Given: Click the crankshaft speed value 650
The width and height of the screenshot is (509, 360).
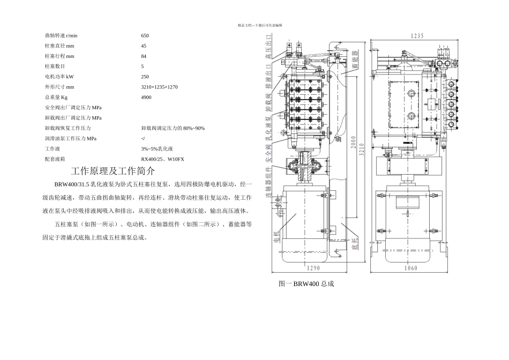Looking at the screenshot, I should click(x=145, y=35).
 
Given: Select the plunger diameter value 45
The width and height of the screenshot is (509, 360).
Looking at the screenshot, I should click(x=144, y=46).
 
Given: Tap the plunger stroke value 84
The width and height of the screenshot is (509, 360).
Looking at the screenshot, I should click(x=144, y=56).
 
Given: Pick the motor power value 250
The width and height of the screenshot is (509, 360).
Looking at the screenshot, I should click(x=145, y=77).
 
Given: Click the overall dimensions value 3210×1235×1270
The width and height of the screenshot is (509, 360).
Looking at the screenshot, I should click(x=159, y=87).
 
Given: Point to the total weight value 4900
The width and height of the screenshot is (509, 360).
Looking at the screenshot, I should click(x=146, y=97).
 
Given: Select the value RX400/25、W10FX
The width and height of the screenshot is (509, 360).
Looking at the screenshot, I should click(x=162, y=159).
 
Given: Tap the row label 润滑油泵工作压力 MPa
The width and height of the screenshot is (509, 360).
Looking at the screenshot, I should click(x=71, y=138).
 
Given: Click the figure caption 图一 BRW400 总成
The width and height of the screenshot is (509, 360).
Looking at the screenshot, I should click(x=306, y=283).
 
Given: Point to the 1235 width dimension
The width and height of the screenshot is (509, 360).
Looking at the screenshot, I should click(x=417, y=36).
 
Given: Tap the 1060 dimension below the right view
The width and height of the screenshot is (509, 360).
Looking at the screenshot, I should click(x=411, y=268).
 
